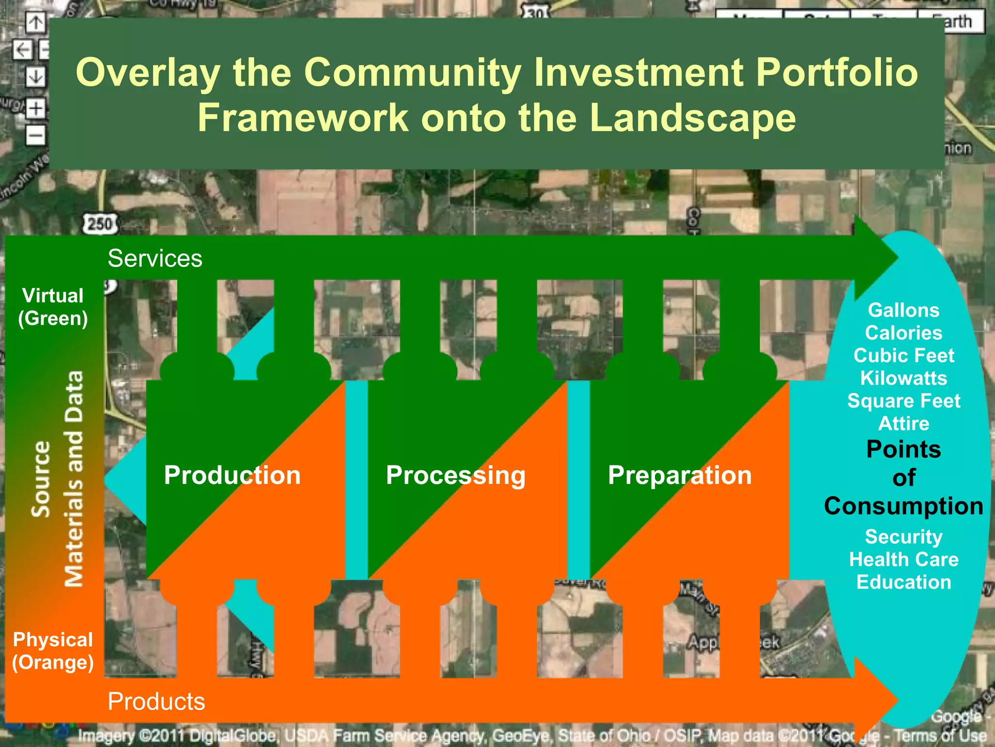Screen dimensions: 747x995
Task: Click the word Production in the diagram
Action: coord(232,475)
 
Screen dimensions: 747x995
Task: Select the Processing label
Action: coord(455,475)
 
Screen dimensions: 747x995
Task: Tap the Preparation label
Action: coord(680,475)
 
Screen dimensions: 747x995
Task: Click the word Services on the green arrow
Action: coord(155,258)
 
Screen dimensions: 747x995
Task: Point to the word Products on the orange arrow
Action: coord(156,701)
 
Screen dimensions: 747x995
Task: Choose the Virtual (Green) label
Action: coord(53,307)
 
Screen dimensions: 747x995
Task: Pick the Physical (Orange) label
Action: coord(53,651)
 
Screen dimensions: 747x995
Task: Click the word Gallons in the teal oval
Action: coord(904,310)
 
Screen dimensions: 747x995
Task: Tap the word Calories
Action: coord(904,333)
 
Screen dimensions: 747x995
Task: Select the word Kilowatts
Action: coord(904,378)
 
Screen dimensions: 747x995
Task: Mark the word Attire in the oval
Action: coord(904,424)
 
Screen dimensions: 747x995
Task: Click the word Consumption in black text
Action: coord(904,506)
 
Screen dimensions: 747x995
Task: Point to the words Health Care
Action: coord(904,559)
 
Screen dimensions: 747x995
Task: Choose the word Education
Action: coord(904,582)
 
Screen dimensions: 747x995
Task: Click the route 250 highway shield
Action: coord(100,224)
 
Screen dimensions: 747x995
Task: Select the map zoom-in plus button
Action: coord(35,108)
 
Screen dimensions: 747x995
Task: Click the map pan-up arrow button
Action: coord(35,22)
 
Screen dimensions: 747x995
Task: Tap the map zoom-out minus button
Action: coord(35,135)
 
